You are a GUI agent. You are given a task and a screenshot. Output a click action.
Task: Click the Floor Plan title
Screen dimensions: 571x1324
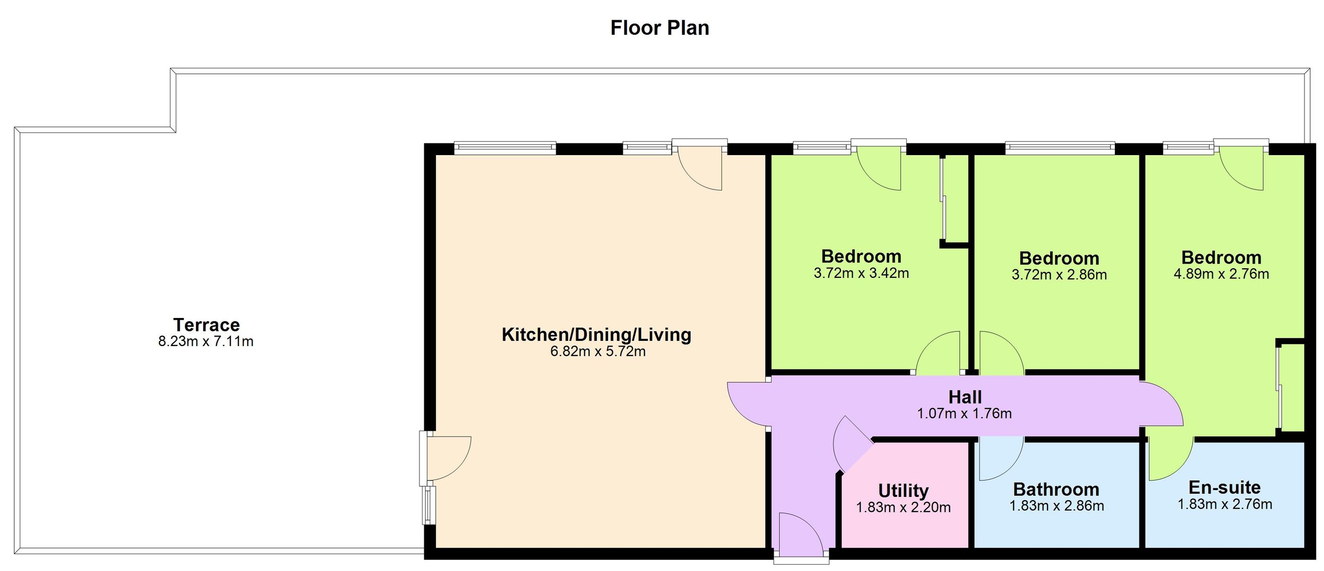pyautogui.click(x=659, y=28)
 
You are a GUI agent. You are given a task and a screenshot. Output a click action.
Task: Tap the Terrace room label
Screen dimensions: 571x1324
pyautogui.click(x=207, y=324)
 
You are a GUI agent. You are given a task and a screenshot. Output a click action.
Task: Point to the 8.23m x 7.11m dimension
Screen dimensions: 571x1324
pyautogui.click(x=206, y=341)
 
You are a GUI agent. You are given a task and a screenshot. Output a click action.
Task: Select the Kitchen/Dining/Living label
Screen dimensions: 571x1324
pyautogui.click(x=596, y=334)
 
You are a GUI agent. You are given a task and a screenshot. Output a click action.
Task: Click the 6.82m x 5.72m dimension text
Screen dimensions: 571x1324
pyautogui.click(x=598, y=351)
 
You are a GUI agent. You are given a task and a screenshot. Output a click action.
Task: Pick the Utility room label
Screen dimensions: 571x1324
pyautogui.click(x=903, y=490)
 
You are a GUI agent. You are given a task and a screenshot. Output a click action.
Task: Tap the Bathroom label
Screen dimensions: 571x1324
pyautogui.click(x=1056, y=489)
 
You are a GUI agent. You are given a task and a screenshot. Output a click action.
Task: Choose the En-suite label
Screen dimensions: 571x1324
pyautogui.click(x=1224, y=487)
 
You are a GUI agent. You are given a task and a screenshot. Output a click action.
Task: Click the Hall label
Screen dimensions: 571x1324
pyautogui.click(x=965, y=397)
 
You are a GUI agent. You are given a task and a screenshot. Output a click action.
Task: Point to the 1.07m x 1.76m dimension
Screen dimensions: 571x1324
pyautogui.click(x=964, y=413)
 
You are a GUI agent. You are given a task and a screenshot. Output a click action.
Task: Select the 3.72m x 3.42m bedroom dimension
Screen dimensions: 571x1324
pyautogui.click(x=861, y=273)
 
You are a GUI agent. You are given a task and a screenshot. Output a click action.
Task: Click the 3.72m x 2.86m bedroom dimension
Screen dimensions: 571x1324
pyautogui.click(x=1059, y=275)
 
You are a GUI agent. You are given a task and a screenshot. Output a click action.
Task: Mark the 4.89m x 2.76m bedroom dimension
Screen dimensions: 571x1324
pyautogui.click(x=1221, y=274)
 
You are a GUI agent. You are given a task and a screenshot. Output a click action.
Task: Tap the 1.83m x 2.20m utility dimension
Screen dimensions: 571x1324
pyautogui.click(x=903, y=507)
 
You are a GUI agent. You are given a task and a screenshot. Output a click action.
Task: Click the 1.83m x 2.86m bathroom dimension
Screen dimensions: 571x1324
pyautogui.click(x=1057, y=506)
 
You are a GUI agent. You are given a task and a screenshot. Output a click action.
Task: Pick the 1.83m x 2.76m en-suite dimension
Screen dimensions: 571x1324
pyautogui.click(x=1224, y=504)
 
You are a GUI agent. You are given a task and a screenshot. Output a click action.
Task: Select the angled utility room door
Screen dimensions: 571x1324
pyautogui.click(x=852, y=445)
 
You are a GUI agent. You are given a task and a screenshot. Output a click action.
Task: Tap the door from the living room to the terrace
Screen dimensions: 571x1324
pyautogui.click(x=448, y=457)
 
